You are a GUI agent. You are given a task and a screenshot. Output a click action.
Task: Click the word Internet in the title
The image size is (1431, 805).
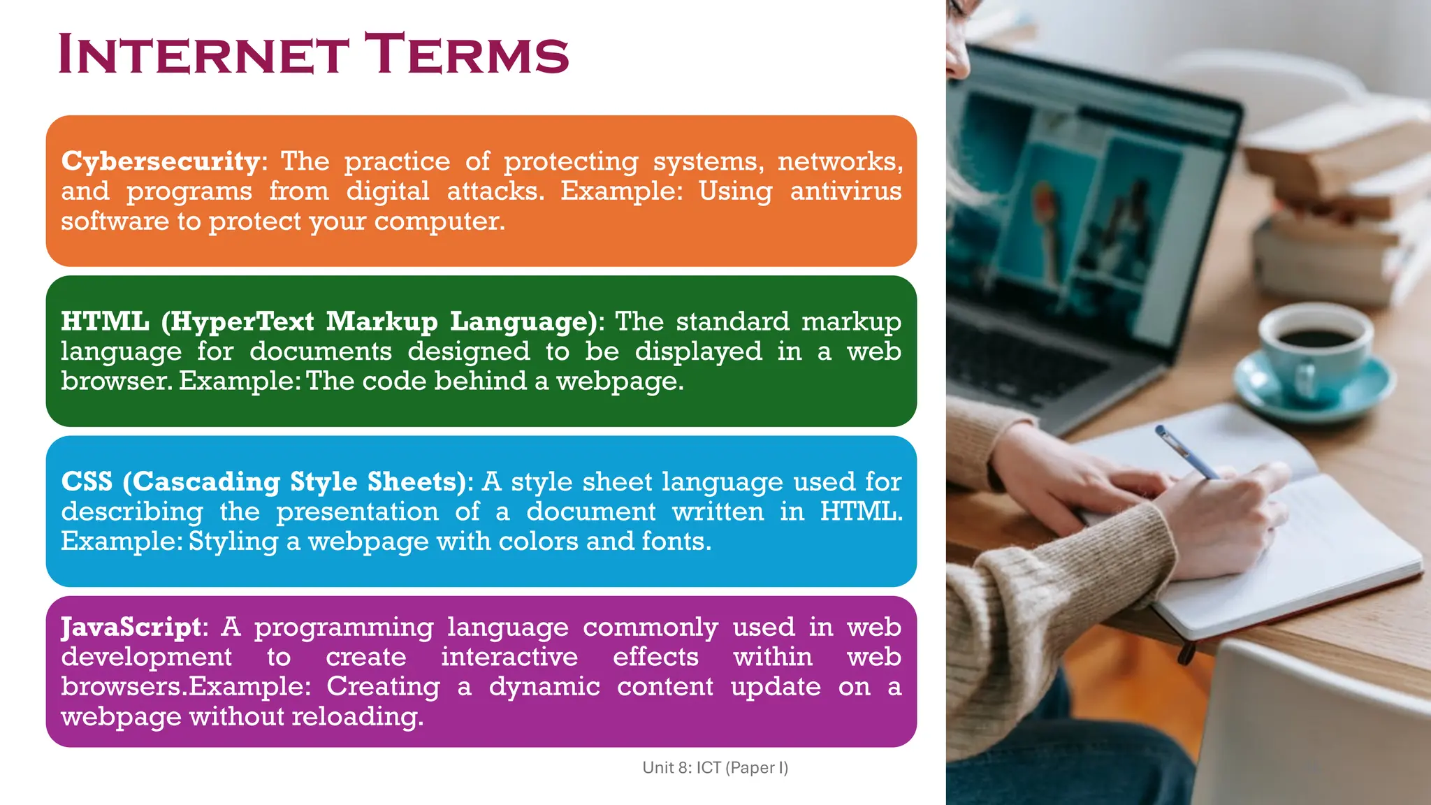pos(203,55)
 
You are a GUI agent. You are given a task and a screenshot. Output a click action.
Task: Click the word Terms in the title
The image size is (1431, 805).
pos(467,55)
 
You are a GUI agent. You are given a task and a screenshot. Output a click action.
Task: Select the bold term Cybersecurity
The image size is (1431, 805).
pos(161,161)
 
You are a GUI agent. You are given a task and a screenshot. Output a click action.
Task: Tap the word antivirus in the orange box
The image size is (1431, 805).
pos(845,191)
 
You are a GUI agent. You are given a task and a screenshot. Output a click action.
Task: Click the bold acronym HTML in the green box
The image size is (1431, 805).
pos(105,321)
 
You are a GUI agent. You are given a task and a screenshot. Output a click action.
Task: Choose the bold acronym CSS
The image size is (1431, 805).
pos(87,481)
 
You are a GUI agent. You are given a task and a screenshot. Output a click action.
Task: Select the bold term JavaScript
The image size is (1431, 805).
pos(131,627)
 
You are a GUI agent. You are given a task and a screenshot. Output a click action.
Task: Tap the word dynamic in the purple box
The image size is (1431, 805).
pos(544,687)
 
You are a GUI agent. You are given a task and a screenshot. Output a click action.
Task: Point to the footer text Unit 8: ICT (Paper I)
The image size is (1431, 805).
pos(715,767)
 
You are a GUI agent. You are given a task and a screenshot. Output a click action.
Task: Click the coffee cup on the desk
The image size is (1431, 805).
pos(1314,356)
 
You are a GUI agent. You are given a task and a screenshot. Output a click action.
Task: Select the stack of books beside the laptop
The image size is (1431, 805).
pos(1342,210)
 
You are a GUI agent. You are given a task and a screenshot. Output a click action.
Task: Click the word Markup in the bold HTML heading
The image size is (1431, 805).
pos(382,321)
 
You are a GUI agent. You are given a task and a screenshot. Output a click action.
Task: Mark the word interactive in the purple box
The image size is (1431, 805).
pos(509,657)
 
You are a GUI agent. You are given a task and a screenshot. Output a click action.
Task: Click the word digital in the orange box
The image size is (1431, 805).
pos(388,191)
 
